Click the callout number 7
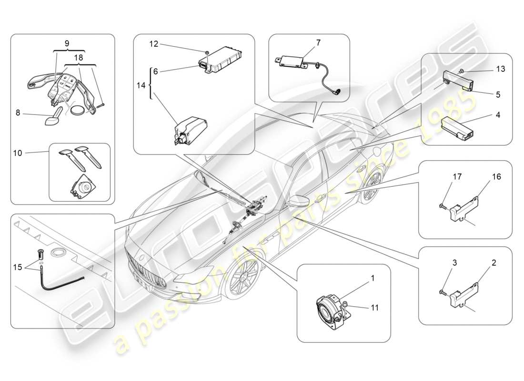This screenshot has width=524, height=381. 318,43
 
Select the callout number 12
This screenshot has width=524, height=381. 154,44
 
